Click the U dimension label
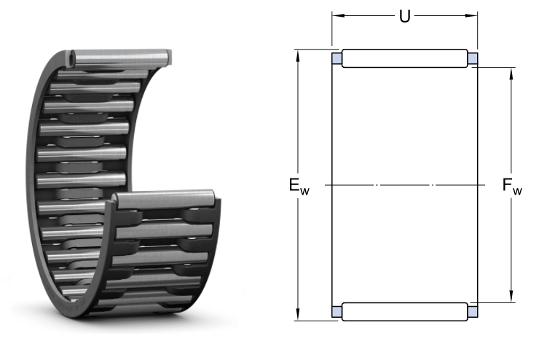pos(405,17)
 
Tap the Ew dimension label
pos(299,186)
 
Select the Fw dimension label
pos(512,186)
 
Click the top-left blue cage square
pos(337,58)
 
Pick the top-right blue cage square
pos(473,58)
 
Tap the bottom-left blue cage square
pos(337,311)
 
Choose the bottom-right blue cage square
pos(473,311)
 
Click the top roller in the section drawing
pos(405,58)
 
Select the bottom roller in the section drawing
pos(405,312)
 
